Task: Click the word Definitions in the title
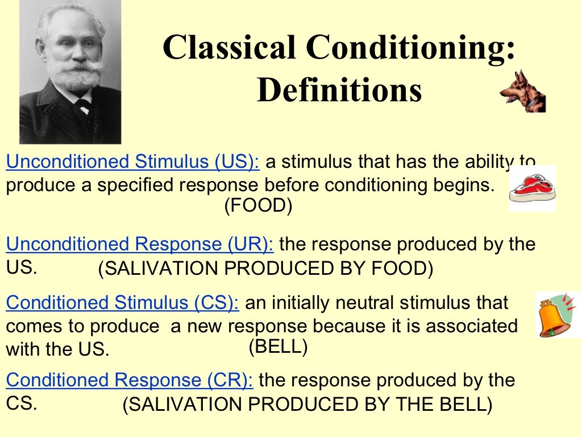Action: pyautogui.click(x=339, y=90)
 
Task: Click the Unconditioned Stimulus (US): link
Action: pyautogui.click(x=132, y=162)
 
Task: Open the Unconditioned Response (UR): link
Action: pyautogui.click(x=139, y=244)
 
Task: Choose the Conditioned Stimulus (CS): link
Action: pyautogui.click(x=122, y=303)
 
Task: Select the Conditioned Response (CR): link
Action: pyautogui.click(x=130, y=380)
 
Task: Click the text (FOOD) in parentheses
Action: pyautogui.click(x=258, y=206)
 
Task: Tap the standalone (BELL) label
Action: pyautogui.click(x=278, y=347)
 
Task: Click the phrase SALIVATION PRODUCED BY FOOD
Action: pyautogui.click(x=265, y=269)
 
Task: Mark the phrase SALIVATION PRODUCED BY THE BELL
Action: pyautogui.click(x=307, y=405)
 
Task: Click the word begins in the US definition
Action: pyautogui.click(x=462, y=185)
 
